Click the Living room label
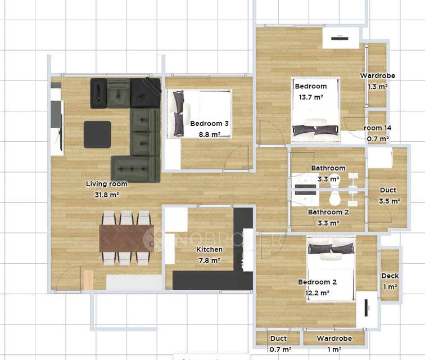pos(106,184)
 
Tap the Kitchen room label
pos(209,249)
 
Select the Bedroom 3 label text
pos(209,124)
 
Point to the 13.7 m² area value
pos(311,97)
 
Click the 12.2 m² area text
pos(318,293)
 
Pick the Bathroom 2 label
pos(328,212)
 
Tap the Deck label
pos(390,276)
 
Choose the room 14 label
pos(378,128)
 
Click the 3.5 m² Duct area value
pos(390,201)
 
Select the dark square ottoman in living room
pos(97,134)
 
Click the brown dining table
pos(126,238)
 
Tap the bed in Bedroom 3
pos(199,114)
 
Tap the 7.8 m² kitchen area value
pos(209,260)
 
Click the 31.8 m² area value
pos(107,195)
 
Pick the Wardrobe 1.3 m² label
pos(377,81)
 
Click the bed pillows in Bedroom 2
pos(331,249)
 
